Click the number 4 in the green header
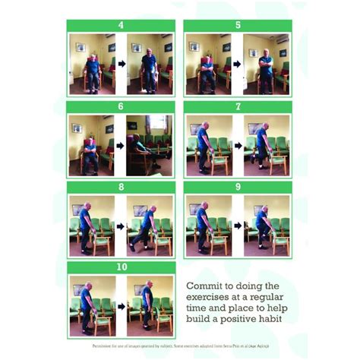point(122,25)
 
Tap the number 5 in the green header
point(238,25)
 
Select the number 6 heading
point(122,106)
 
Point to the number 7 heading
point(238,106)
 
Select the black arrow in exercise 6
point(120,145)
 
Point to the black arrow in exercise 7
point(237,145)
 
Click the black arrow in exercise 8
point(120,226)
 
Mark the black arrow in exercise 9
point(237,226)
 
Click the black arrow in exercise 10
point(120,307)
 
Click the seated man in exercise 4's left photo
point(93,70)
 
